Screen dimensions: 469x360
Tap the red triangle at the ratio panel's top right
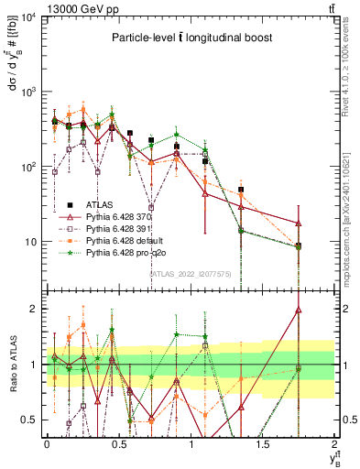(325, 310)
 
